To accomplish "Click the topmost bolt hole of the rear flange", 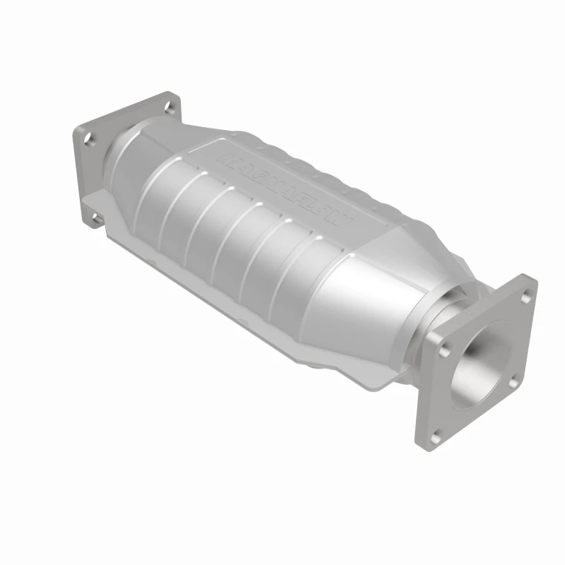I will pos(169,107).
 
